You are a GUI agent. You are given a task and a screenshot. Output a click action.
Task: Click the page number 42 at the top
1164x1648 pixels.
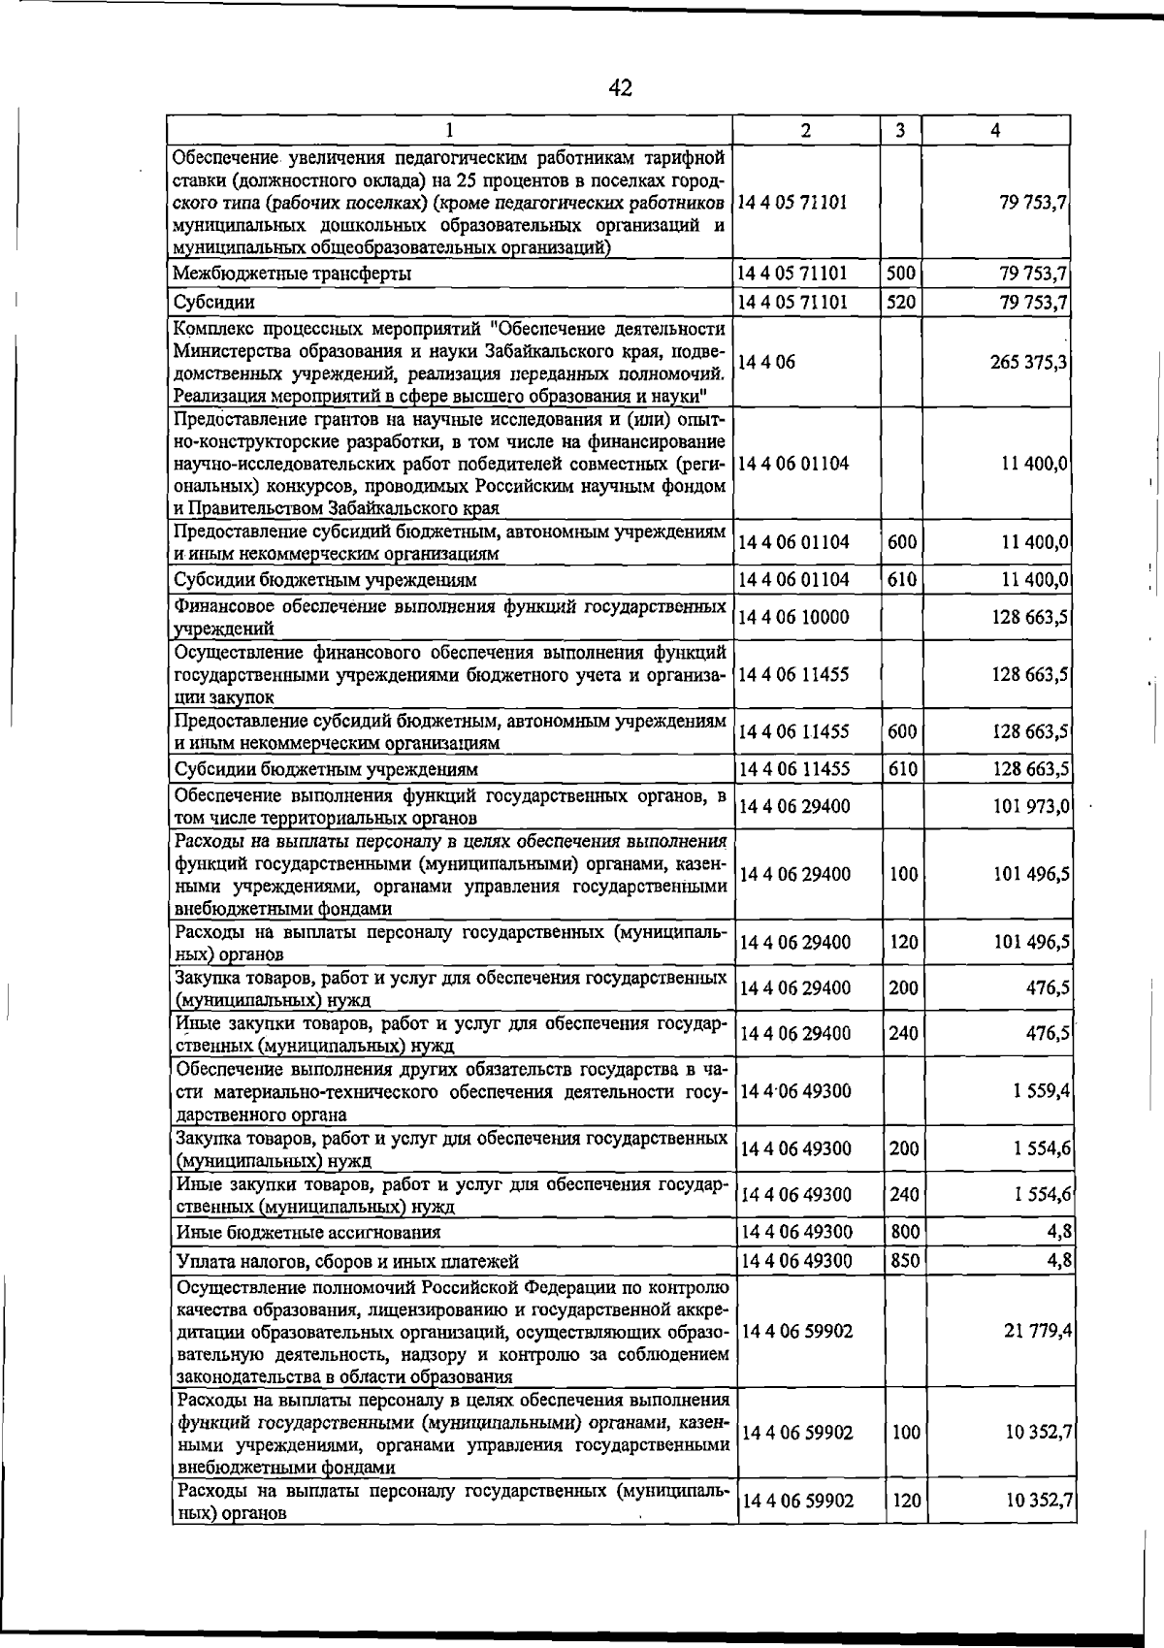coord(621,88)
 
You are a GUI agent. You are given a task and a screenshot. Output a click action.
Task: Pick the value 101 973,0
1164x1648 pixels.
coord(1031,807)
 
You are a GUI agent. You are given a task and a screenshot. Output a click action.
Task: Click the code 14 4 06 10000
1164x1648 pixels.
coord(794,618)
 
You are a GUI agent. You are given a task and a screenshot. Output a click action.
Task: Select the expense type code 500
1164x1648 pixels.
coord(901,274)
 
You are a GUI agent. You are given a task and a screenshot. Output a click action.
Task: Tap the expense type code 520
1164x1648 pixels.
coord(901,303)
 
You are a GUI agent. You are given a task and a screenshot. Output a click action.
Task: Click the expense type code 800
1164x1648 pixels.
coord(904,1232)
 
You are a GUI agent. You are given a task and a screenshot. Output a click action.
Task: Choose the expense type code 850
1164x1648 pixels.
coord(904,1261)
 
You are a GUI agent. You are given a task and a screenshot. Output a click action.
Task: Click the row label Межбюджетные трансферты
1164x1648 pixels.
coord(292,274)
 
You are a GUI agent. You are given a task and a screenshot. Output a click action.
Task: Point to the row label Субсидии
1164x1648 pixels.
coord(214,303)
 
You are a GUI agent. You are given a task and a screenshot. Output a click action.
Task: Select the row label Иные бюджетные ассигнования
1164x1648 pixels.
coord(308,1233)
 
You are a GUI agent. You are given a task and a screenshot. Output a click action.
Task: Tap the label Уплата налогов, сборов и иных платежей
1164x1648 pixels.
coord(347,1262)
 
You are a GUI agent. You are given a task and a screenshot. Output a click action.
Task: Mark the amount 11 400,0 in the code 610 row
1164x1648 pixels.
coord(1035,580)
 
